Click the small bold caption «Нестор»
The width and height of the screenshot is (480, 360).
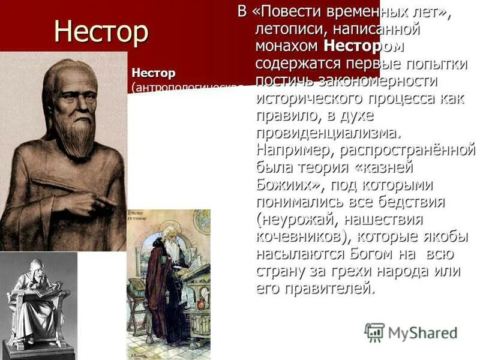pos(154,73)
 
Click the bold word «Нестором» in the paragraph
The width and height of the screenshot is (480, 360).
pos(364,46)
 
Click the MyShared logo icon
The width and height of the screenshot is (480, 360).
pos(374,332)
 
